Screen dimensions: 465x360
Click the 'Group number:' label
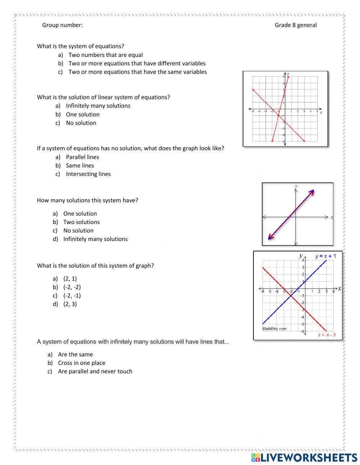[62, 25]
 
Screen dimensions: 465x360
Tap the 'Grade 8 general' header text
[296, 25]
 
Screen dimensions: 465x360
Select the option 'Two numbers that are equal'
[105, 55]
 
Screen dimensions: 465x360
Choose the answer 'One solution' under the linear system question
[82, 115]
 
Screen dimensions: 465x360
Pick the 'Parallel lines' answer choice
[82, 157]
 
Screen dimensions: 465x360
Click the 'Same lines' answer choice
[80, 166]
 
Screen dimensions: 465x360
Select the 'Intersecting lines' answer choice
[88, 174]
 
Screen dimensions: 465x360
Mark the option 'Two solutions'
[81, 222]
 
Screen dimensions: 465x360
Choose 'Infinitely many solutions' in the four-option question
[95, 239]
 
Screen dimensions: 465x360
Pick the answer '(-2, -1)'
[72, 296]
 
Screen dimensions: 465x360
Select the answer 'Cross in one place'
[81, 363]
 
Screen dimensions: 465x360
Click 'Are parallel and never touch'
[95, 371]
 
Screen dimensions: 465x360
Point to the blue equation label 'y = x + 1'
[325, 256]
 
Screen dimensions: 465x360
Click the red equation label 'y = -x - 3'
[327, 335]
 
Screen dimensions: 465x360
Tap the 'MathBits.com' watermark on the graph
[274, 328]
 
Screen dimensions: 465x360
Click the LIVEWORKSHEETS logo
[304, 457]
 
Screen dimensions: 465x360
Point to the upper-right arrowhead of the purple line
[312, 191]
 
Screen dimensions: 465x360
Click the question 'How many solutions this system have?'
[87, 200]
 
